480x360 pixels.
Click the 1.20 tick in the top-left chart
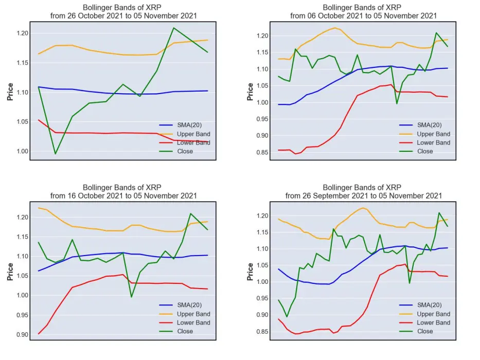pyautogui.click(x=22, y=33)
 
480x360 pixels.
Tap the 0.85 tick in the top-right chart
pyautogui.click(x=262, y=152)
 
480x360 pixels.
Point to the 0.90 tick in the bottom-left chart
pyautogui.click(x=22, y=335)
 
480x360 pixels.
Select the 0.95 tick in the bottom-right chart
pyautogui.click(x=262, y=298)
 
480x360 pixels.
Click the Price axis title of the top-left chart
pyautogui.click(x=10, y=92)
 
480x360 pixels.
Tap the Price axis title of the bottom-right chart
pyautogui.click(x=250, y=272)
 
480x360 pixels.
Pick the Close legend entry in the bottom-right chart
pyautogui.click(x=416, y=331)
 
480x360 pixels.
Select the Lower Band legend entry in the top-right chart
pyautogui.click(x=424, y=142)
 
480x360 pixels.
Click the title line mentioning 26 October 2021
pyautogui.click(x=123, y=16)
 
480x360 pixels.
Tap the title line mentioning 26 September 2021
pyautogui.click(x=364, y=196)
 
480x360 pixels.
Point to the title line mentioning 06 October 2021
pyautogui.click(x=364, y=16)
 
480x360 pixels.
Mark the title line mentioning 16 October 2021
pyautogui.click(x=123, y=196)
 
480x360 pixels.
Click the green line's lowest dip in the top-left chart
pyautogui.click(x=56, y=154)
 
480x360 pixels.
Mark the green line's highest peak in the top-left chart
pyautogui.click(x=174, y=28)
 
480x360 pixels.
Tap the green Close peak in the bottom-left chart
pyautogui.click(x=190, y=213)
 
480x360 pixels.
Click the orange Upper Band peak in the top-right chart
pyautogui.click(x=335, y=28)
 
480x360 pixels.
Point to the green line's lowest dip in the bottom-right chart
pyautogui.click(x=287, y=316)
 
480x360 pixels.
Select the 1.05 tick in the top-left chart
pyautogui.click(x=22, y=122)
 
